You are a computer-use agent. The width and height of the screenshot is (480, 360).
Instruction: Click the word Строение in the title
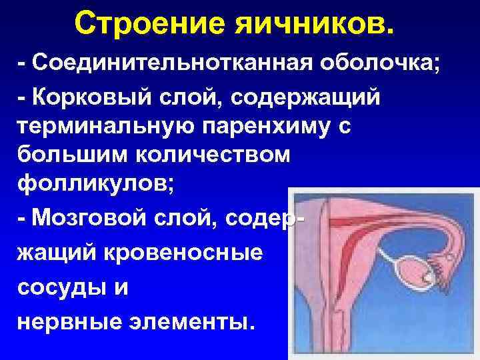[x=148, y=24]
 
